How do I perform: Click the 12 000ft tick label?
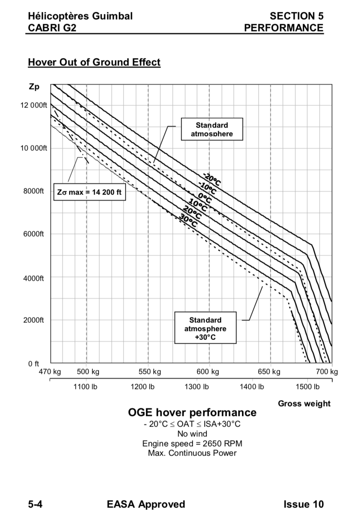pos(34,105)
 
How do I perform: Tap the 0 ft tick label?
pos(34,363)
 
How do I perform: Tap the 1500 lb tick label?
pos(308,386)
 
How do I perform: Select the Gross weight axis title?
pos(304,404)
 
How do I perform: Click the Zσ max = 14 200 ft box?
pos(89,192)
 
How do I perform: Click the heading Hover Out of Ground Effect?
pos(94,62)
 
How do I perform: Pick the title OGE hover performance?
pos(192,412)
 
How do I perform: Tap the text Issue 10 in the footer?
pos(303,504)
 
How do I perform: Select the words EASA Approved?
pos(146,504)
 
